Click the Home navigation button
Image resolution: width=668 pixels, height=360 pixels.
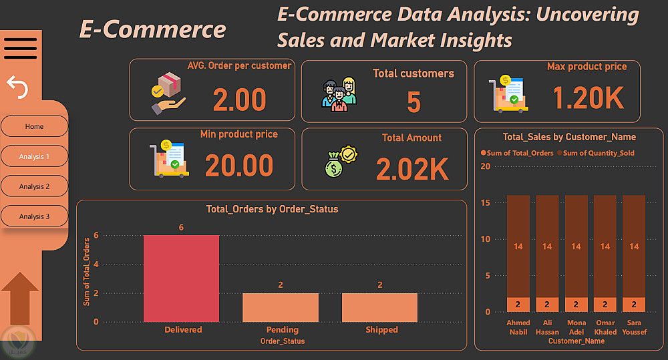pos(34,126)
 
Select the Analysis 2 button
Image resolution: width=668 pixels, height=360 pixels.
pos(34,186)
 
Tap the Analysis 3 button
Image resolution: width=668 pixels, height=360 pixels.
pos(34,216)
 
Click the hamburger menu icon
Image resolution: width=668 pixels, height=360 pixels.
pos(20,48)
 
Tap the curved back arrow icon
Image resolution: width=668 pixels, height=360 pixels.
pos(17,86)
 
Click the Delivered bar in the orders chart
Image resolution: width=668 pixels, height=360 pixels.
pos(181,279)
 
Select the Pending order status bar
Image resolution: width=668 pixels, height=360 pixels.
pos(281,307)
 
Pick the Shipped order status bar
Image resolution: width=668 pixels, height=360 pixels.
pos(379,307)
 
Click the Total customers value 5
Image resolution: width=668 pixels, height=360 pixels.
pos(413,102)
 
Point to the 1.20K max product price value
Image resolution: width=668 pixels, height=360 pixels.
pos(588,99)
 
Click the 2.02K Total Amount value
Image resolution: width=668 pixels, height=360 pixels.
pos(411,169)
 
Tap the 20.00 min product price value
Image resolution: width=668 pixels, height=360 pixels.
pos(238,166)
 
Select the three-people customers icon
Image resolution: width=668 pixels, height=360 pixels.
pos(339,94)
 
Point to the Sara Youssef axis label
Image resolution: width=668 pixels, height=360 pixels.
pos(634,327)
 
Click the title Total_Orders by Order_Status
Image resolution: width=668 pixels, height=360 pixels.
pos(272,209)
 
